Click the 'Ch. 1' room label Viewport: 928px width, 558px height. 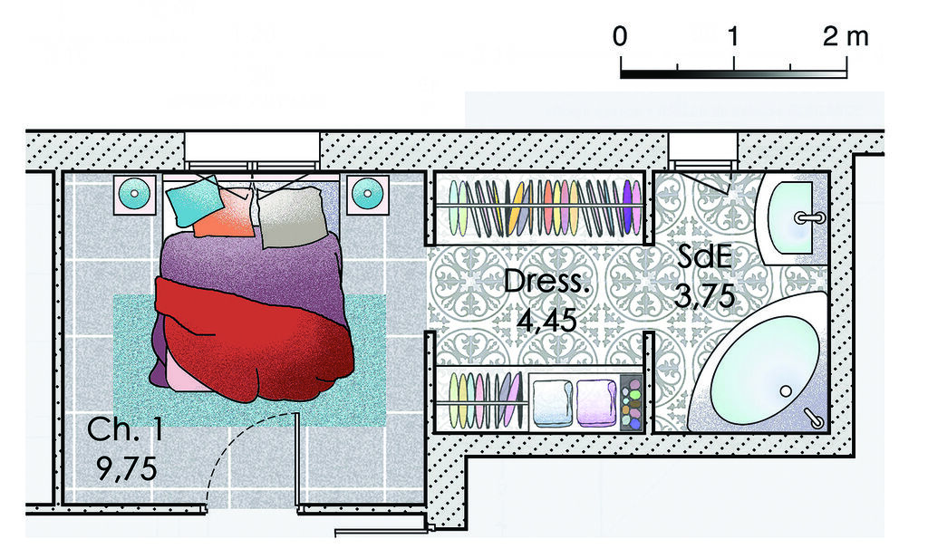(125, 429)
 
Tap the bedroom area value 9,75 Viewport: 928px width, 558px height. (127, 469)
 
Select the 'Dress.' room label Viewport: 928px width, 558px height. (546, 282)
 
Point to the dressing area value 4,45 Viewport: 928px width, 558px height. (546, 321)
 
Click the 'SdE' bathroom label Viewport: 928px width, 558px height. (705, 257)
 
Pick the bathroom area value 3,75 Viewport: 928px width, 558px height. (705, 296)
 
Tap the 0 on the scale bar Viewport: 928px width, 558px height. (620, 37)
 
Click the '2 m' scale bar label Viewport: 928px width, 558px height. (846, 37)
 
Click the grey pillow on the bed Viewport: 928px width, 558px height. (293, 217)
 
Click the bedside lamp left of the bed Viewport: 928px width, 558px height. (134, 194)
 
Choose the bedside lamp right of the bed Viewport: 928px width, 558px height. (368, 194)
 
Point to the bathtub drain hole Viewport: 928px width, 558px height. (786, 391)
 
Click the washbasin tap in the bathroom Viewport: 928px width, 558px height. (809, 217)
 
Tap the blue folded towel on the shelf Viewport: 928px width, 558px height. (552, 402)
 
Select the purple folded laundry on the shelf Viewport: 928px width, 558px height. (597, 402)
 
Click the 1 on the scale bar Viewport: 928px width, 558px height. (732, 37)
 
